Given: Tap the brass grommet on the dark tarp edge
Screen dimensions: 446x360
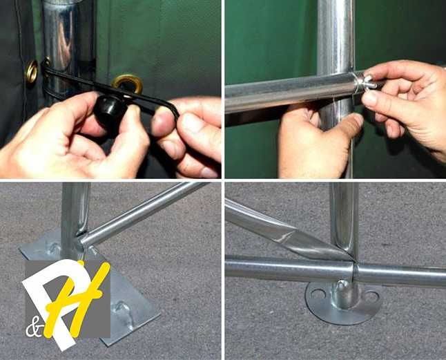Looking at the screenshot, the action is click(x=32, y=71).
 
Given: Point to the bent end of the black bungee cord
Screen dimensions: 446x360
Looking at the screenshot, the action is click(x=174, y=111).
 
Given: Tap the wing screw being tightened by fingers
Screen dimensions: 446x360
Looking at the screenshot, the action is click(x=366, y=82).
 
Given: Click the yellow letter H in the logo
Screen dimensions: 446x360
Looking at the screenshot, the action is click(x=77, y=299).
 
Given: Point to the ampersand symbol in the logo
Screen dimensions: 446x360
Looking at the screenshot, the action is click(x=34, y=330).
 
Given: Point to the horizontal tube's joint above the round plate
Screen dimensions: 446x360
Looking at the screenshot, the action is click(x=354, y=272).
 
